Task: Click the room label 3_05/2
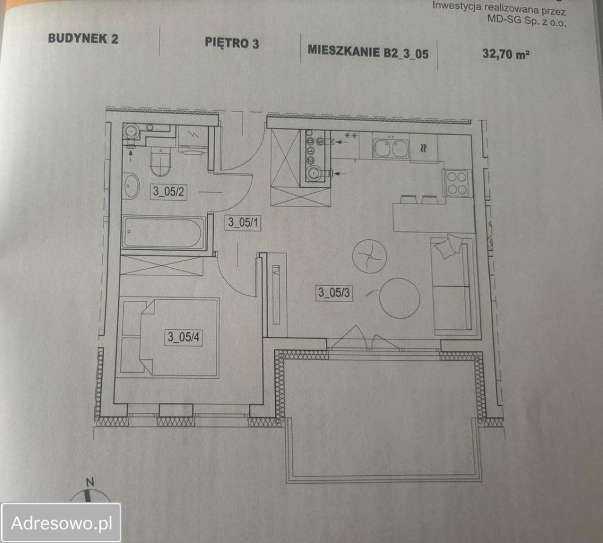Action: pyautogui.click(x=169, y=191)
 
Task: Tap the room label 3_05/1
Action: pyautogui.click(x=243, y=222)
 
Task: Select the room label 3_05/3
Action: pyautogui.click(x=334, y=292)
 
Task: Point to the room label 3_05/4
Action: pyautogui.click(x=183, y=337)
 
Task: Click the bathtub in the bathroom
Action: pyautogui.click(x=163, y=232)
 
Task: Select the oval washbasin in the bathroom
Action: pyautogui.click(x=132, y=186)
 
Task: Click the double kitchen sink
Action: pyautogui.click(x=390, y=148)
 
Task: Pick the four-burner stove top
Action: pyautogui.click(x=456, y=183)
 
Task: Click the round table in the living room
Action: pyautogui.click(x=399, y=298)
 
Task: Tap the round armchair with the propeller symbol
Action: pyautogui.click(x=369, y=256)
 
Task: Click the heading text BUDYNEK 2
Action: pyautogui.click(x=83, y=38)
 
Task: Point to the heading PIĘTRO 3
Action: pyautogui.click(x=232, y=42)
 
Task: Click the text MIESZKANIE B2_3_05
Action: pyautogui.click(x=368, y=52)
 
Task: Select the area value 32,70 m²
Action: pyautogui.click(x=506, y=54)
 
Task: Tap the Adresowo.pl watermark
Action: pyautogui.click(x=62, y=523)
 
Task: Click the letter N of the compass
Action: pyautogui.click(x=90, y=482)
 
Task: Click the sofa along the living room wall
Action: pyautogui.click(x=453, y=285)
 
